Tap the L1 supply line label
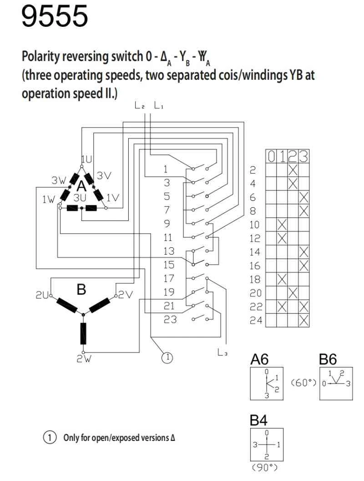point(158,106)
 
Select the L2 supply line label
point(140,106)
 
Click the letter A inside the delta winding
point(81,186)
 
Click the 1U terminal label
point(86,159)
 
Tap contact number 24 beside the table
point(256,321)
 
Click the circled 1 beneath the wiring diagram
point(168,358)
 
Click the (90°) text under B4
point(265,468)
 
